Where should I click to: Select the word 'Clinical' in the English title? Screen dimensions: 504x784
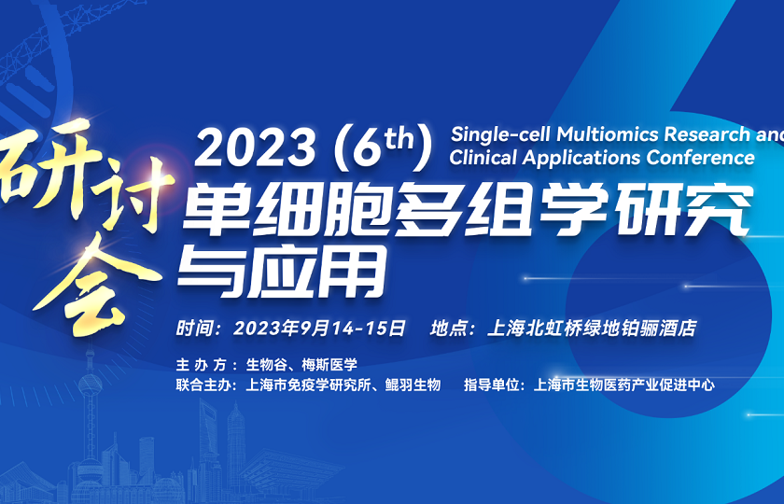(484, 157)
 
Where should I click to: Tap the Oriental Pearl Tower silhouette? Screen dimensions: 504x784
(91, 411)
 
